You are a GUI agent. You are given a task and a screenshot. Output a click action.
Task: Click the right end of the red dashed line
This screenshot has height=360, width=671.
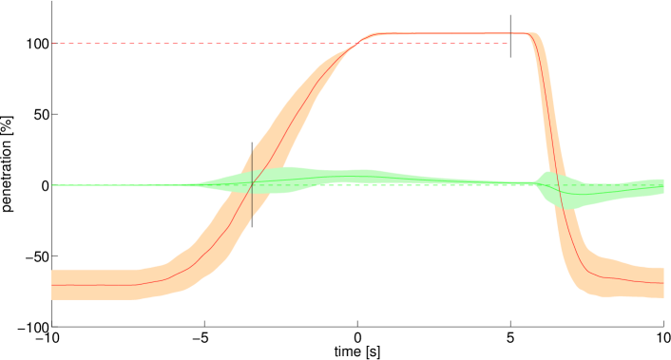(508, 44)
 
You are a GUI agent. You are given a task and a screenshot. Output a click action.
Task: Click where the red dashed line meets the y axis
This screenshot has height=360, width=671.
(53, 44)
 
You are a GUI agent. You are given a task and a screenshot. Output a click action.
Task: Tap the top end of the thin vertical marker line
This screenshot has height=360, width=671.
(251, 151)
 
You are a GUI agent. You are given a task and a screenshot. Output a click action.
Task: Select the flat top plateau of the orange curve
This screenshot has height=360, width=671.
(447, 34)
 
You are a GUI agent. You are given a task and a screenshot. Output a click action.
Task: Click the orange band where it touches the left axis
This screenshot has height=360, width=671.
(54, 284)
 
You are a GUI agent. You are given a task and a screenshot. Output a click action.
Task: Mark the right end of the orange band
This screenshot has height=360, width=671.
(661, 282)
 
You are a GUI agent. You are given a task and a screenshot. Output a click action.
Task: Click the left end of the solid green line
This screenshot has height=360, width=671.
(54, 185)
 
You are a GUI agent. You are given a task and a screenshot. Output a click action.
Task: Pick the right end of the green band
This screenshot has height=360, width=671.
(661, 186)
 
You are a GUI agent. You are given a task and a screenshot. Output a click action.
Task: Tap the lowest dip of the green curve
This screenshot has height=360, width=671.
(577, 195)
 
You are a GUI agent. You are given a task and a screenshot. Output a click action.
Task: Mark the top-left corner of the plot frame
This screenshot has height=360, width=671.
(52, 1)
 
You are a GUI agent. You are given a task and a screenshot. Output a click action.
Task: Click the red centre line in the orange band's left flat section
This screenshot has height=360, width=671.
(95, 284)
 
